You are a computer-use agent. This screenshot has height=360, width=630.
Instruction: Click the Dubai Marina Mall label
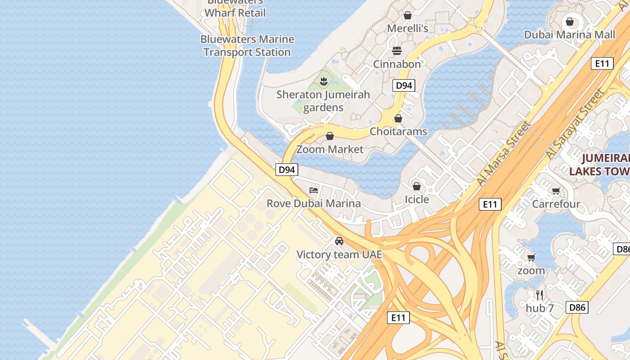[x=569, y=35]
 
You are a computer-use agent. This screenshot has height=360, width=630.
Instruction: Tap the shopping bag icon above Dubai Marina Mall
[x=570, y=22]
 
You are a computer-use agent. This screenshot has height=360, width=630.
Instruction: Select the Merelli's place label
[x=408, y=28]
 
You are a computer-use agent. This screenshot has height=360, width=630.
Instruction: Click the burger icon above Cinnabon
[x=397, y=51]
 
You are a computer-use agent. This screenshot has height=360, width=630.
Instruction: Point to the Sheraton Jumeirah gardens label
[x=323, y=101]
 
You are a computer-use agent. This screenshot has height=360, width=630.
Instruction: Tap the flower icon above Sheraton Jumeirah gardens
[x=323, y=81]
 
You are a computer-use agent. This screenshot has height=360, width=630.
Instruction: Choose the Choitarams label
[x=398, y=131]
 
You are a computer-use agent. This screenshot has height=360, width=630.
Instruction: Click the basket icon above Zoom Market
[x=330, y=136]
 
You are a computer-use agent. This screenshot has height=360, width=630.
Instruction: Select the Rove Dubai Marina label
[x=314, y=203]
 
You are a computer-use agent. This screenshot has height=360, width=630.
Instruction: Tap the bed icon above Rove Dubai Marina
[x=314, y=190]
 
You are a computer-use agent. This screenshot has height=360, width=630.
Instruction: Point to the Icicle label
[x=417, y=199]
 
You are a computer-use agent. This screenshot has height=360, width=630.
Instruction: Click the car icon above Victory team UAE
[x=339, y=241]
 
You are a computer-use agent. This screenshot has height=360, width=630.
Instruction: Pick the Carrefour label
[x=556, y=204]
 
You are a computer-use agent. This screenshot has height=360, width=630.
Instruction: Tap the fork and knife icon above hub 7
[x=540, y=295]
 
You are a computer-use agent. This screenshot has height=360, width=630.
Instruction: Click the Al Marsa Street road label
[x=504, y=153]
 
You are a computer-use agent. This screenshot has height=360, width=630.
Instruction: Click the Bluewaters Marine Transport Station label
[x=247, y=45]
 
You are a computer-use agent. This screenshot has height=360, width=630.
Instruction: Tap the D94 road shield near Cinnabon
[x=403, y=85]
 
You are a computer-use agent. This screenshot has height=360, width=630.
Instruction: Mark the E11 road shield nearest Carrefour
[x=490, y=204]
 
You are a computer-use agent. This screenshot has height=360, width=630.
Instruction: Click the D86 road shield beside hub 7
[x=577, y=307]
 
